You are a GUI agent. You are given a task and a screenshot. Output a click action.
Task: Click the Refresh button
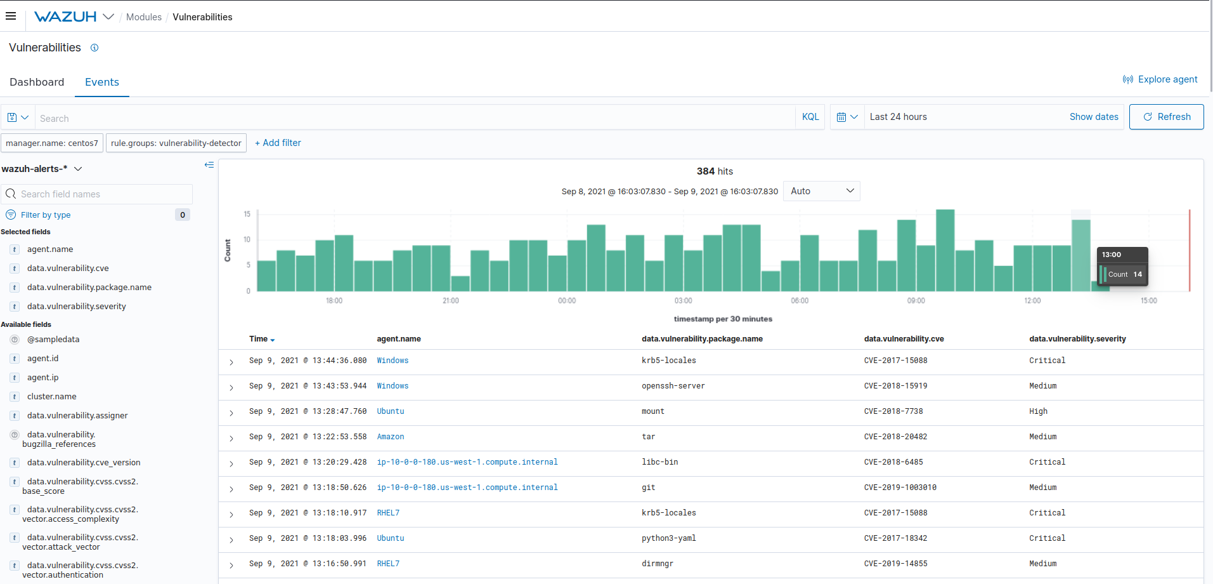1166,117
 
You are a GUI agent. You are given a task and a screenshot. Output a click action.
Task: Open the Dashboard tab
37,82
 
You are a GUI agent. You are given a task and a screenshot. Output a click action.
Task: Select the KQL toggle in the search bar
810,117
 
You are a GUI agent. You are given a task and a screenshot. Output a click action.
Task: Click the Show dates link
1093,117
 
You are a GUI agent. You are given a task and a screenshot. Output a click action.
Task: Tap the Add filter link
278,143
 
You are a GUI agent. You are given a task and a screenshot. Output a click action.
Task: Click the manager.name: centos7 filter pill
52,143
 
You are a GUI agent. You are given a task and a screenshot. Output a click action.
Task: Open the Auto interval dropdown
821,191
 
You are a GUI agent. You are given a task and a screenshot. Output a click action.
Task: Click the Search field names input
101,194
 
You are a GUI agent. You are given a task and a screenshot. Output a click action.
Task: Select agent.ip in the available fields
42,378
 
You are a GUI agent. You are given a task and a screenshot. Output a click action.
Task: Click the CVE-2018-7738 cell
893,411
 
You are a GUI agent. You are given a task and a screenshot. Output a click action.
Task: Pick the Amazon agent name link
390,437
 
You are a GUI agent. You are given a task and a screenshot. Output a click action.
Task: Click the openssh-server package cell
673,386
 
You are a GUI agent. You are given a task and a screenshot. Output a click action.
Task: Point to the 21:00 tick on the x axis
450,300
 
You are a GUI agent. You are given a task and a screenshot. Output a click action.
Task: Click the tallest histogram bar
945,250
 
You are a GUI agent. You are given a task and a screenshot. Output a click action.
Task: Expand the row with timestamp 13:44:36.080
231,362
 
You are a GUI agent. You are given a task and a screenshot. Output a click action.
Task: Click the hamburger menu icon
11,17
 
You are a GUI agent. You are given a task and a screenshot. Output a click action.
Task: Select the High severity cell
1038,411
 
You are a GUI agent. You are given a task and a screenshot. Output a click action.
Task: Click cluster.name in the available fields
51,397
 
